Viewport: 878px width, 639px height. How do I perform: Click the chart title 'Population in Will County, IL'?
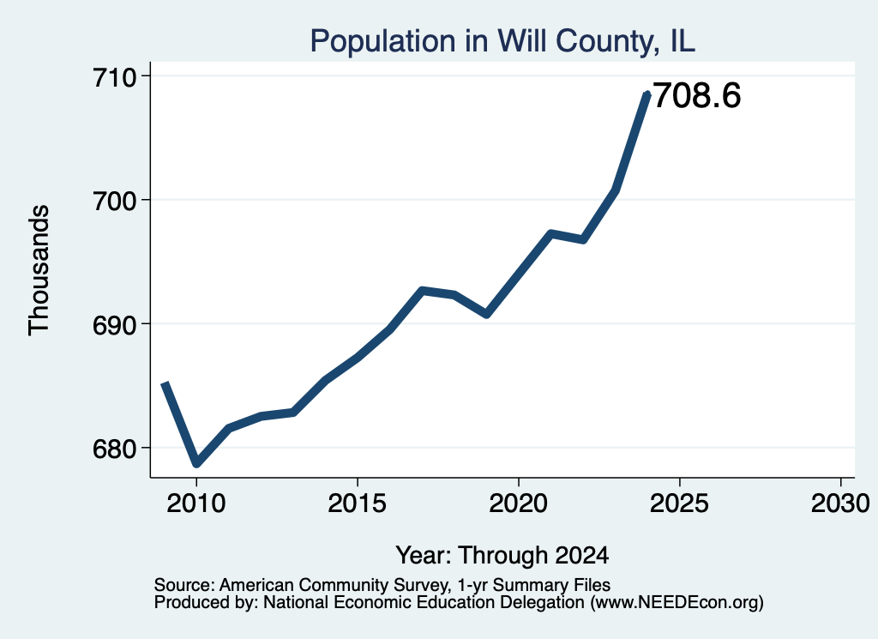click(x=502, y=42)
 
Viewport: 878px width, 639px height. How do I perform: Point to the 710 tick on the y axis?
click(x=115, y=76)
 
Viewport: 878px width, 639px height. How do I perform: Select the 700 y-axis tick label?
click(x=115, y=201)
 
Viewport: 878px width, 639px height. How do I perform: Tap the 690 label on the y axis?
click(x=115, y=325)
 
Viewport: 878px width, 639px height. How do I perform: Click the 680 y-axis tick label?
click(x=115, y=449)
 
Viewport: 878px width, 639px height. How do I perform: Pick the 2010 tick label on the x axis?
click(x=196, y=503)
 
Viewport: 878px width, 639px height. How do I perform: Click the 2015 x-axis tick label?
click(x=358, y=503)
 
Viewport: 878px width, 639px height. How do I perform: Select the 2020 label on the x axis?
click(x=519, y=503)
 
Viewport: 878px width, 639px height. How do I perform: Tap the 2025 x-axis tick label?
click(x=679, y=503)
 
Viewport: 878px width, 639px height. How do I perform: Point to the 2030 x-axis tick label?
click(x=840, y=503)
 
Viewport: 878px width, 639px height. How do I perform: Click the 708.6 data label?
click(x=697, y=95)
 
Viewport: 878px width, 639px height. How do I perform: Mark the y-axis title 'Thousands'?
click(x=39, y=270)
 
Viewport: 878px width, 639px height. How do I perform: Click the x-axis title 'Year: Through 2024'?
click(x=502, y=555)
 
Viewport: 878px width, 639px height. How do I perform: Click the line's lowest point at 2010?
click(x=196, y=464)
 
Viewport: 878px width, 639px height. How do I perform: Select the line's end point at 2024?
click(x=647, y=94)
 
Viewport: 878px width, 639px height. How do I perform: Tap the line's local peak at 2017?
click(x=422, y=291)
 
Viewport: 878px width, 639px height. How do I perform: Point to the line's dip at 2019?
click(x=487, y=314)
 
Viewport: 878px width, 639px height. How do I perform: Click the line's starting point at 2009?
click(x=165, y=383)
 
